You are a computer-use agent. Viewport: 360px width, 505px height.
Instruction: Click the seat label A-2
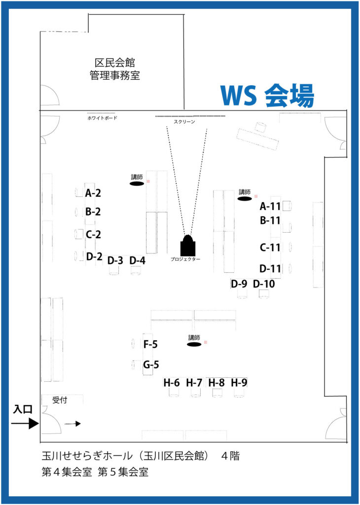pyautogui.click(x=93, y=193)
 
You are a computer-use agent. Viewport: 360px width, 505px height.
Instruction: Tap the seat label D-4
pyautogui.click(x=137, y=260)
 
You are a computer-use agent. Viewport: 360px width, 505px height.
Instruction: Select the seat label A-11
pyautogui.click(x=270, y=206)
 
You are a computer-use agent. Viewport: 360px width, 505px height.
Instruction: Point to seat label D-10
pyautogui.click(x=264, y=284)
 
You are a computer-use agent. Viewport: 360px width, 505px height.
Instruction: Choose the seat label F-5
pyautogui.click(x=151, y=345)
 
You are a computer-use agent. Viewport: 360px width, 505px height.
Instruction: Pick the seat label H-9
pyautogui.click(x=239, y=383)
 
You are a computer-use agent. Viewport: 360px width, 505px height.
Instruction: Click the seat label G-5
pyautogui.click(x=151, y=365)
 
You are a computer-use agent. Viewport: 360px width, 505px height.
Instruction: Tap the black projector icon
pyautogui.click(x=188, y=245)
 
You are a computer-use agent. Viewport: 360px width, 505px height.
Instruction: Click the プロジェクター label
pyautogui.click(x=185, y=259)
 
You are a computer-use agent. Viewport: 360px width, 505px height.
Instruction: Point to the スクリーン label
pyautogui.click(x=184, y=121)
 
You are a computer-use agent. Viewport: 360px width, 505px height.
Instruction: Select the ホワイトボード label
pyautogui.click(x=103, y=118)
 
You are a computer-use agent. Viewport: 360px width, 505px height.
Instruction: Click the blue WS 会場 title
pyautogui.click(x=267, y=96)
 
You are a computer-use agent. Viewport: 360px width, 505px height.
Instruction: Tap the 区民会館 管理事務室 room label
pyautogui.click(x=114, y=69)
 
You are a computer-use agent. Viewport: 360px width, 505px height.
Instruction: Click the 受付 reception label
pyautogui.click(x=60, y=400)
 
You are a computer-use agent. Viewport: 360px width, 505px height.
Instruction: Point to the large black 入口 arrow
pyautogui.click(x=25, y=423)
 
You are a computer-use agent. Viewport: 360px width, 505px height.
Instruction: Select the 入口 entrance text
pyautogui.click(x=23, y=410)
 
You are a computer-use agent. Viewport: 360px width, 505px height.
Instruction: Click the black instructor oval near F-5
pyautogui.click(x=194, y=344)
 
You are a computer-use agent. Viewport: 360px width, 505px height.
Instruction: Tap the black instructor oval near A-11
pyautogui.click(x=245, y=199)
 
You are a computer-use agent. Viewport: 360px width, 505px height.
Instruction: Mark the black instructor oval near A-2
pyautogui.click(x=137, y=183)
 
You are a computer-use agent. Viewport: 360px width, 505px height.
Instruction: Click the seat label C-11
pyautogui.click(x=270, y=248)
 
